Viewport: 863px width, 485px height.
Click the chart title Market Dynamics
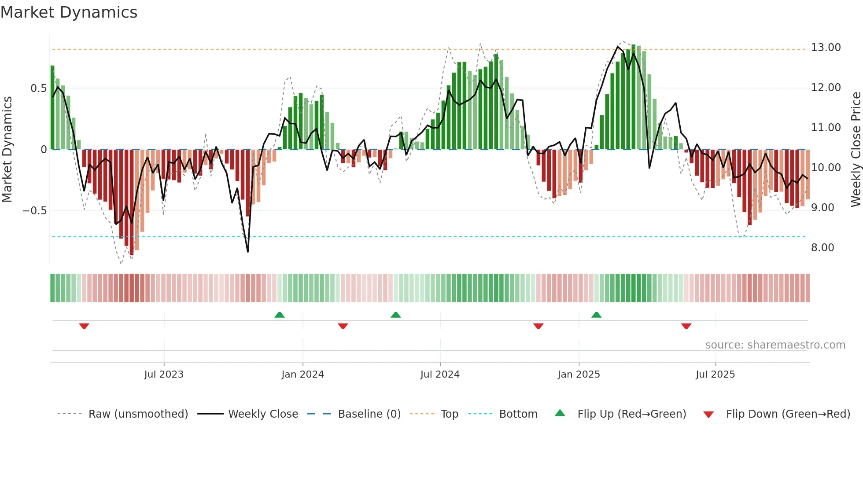69,12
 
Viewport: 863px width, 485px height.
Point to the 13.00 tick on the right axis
826,48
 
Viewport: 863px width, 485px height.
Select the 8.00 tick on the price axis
822,248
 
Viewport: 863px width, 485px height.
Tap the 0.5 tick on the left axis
38,88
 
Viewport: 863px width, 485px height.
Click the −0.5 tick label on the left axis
34,211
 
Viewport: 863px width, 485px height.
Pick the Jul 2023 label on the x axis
163,375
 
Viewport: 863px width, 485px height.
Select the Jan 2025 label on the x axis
578,375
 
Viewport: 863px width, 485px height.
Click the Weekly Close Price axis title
856,149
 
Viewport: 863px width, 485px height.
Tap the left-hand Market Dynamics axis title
7,149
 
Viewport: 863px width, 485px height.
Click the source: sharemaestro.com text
775,345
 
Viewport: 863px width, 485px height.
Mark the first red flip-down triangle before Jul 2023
84,326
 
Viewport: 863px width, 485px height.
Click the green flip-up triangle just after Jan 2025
596,315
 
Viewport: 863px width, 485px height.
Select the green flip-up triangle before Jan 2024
279,315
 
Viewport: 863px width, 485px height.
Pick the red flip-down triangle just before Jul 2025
686,326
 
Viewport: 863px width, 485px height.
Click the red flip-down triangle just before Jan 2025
538,326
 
